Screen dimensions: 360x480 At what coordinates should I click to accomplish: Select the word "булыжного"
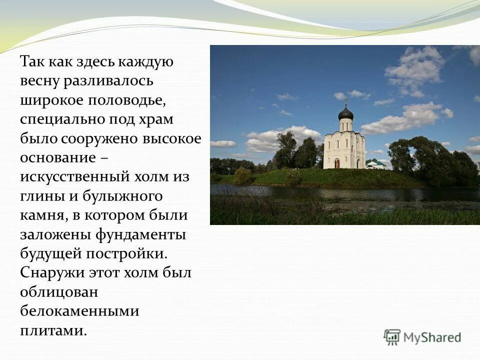(x=130, y=196)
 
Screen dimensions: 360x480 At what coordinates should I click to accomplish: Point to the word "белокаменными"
(x=79, y=311)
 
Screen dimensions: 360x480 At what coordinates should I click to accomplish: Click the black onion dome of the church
(x=345, y=113)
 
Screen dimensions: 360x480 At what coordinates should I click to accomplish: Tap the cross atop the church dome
(x=345, y=102)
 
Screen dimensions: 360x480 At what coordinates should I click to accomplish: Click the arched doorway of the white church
(x=336, y=163)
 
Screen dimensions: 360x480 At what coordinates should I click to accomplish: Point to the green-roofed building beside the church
(x=375, y=164)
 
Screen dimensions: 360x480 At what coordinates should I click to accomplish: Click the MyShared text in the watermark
(x=432, y=337)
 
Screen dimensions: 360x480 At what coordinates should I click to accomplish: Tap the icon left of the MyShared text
(x=392, y=337)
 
